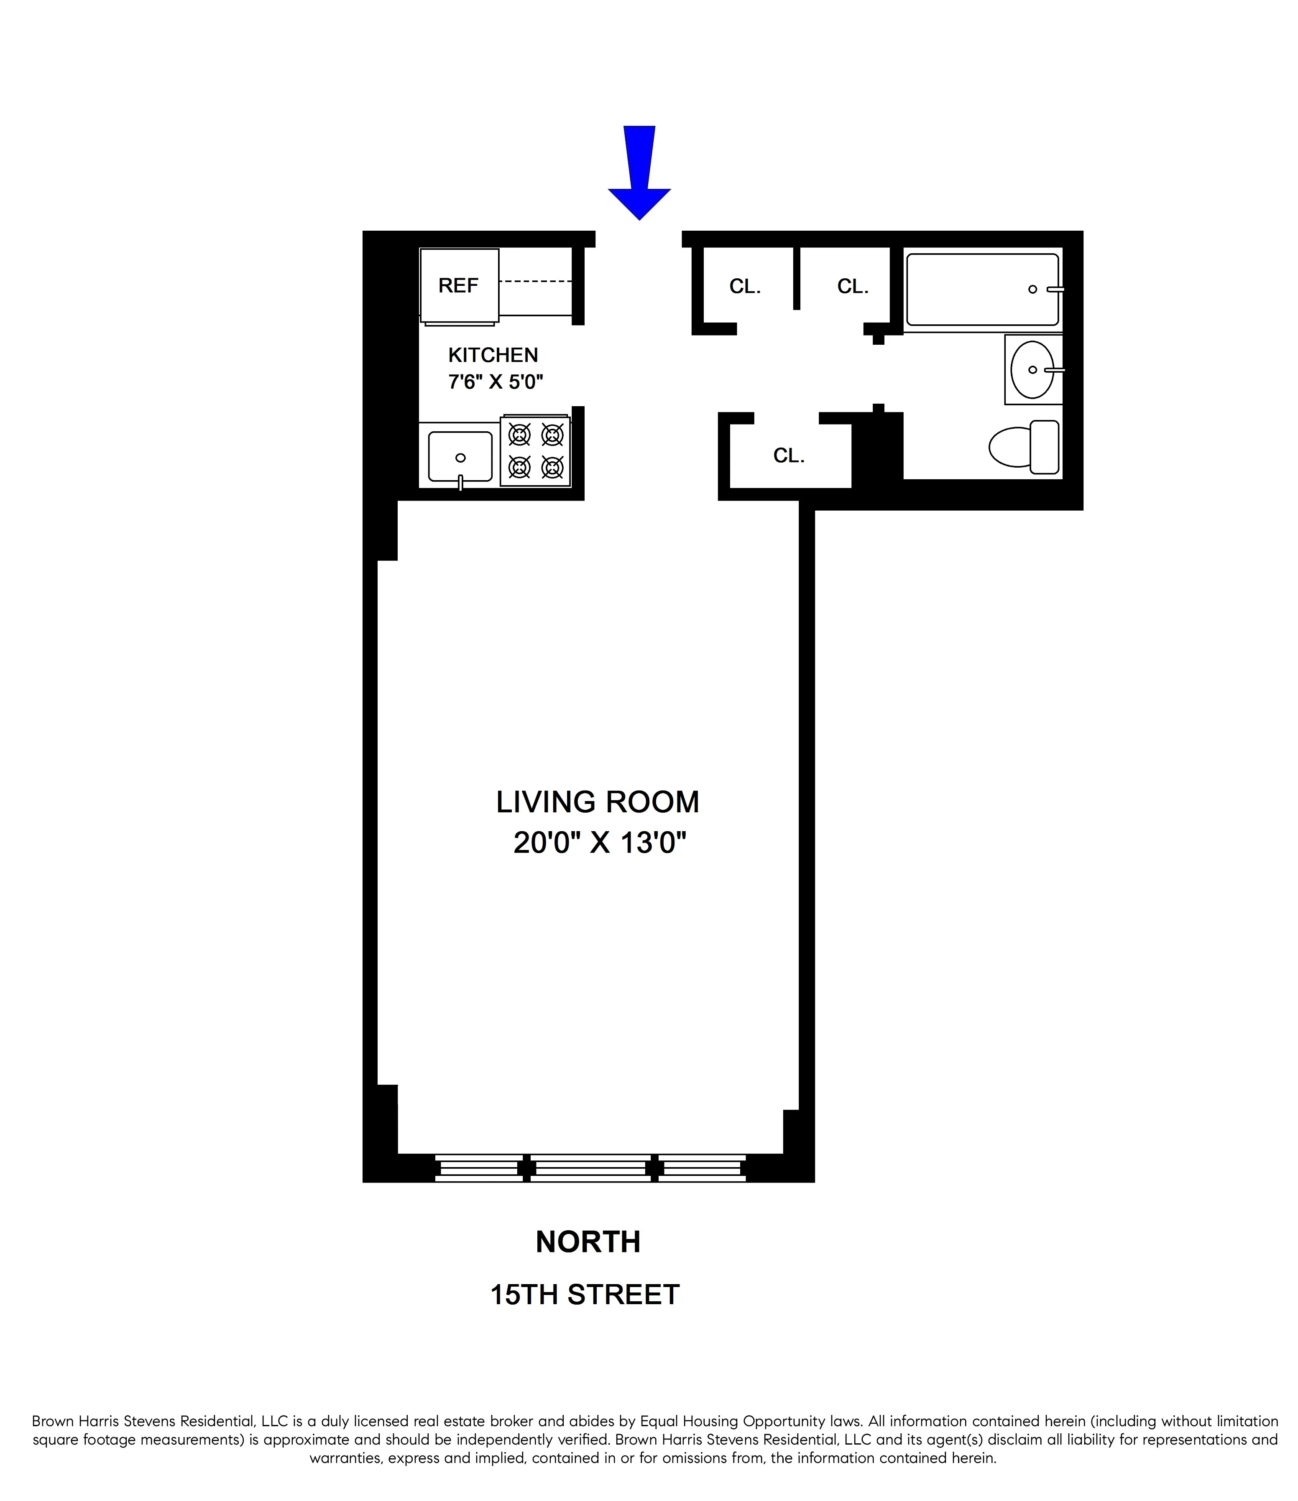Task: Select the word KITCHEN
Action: (x=493, y=355)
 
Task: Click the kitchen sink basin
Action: (x=460, y=456)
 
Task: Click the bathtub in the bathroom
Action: (x=981, y=289)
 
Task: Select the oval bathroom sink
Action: (x=1032, y=369)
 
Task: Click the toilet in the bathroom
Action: (x=1023, y=447)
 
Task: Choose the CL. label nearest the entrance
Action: (x=745, y=287)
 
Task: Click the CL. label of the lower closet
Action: (x=789, y=455)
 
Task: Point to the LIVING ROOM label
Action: (x=597, y=802)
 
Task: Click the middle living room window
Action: (x=590, y=1168)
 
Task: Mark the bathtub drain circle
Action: (x=1032, y=289)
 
